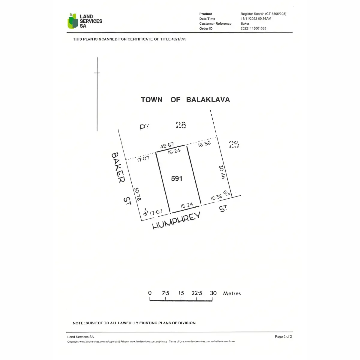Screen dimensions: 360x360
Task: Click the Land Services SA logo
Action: click(x=85, y=21)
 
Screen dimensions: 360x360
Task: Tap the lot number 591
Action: click(x=177, y=178)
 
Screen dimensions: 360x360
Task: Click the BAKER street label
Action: click(x=118, y=167)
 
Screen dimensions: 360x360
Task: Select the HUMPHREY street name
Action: click(x=176, y=221)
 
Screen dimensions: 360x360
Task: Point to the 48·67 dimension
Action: click(x=167, y=146)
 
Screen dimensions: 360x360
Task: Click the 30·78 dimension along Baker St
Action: click(x=138, y=194)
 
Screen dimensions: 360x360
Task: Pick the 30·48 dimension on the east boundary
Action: click(x=222, y=172)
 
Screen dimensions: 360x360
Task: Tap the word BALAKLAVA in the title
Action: click(x=208, y=100)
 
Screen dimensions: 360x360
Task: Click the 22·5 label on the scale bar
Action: click(x=197, y=293)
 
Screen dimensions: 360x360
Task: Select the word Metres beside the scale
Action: click(x=232, y=293)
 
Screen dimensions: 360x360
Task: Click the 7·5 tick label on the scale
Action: click(x=166, y=293)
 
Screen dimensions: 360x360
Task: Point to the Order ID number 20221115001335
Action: click(x=253, y=28)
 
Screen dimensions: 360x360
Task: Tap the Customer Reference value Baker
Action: click(x=245, y=23)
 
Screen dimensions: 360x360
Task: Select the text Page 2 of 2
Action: click(x=283, y=337)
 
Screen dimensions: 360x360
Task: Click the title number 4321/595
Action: click(x=179, y=39)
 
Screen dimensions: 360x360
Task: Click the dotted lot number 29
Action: click(x=234, y=144)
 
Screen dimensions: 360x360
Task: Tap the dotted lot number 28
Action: click(x=181, y=125)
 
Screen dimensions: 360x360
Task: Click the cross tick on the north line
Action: click(x=97, y=73)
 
